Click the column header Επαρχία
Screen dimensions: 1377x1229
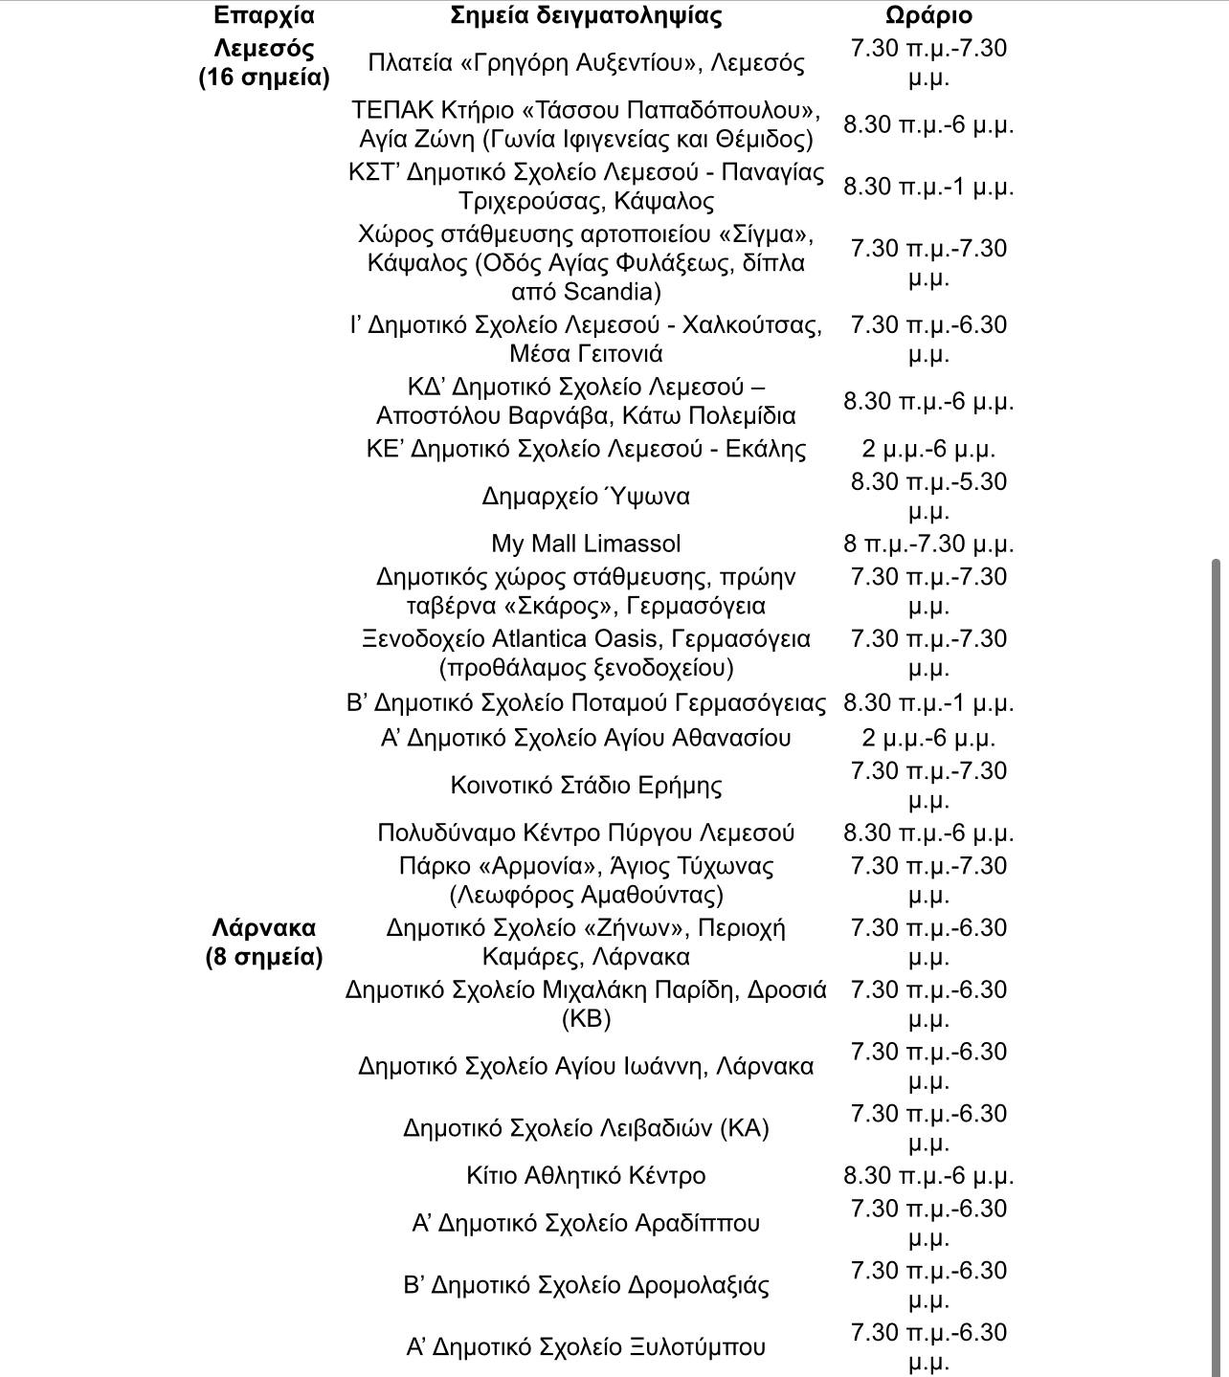[x=263, y=15]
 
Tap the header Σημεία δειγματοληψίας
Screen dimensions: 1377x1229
[x=586, y=15]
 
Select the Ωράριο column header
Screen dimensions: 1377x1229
[x=927, y=15]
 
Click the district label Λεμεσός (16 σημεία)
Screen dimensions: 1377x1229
[x=263, y=62]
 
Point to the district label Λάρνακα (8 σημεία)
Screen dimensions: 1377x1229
[x=263, y=942]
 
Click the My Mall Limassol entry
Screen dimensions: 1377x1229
[x=586, y=544]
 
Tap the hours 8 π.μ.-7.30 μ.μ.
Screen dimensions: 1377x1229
[x=927, y=544]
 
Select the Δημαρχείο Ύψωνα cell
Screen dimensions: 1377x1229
[x=586, y=496]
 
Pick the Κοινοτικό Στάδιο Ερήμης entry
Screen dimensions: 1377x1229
[x=586, y=786]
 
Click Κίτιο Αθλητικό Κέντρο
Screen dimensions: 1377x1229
[x=586, y=1175]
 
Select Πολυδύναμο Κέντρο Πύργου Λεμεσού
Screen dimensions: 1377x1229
[x=586, y=833]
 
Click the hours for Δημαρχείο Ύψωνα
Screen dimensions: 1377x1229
[x=927, y=496]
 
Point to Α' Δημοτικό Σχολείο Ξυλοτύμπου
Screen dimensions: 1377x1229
[x=586, y=1346]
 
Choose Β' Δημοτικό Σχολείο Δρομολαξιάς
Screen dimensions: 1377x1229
[x=586, y=1284]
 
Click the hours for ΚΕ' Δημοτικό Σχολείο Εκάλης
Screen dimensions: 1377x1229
[x=927, y=449]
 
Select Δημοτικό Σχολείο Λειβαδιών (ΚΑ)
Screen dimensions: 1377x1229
[x=586, y=1128]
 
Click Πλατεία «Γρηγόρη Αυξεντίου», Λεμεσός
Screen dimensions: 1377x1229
[x=586, y=62]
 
